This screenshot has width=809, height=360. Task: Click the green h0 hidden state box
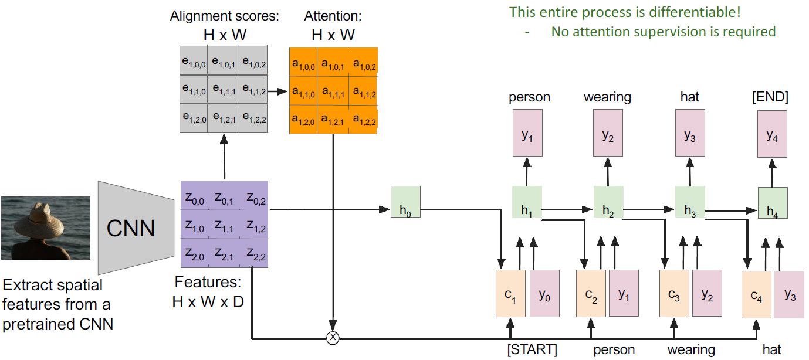click(x=405, y=202)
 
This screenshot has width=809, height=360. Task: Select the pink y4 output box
click(x=771, y=135)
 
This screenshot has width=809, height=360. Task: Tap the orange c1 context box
click(x=511, y=294)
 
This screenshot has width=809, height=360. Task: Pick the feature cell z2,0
click(x=195, y=253)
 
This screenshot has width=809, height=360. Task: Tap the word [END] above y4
click(x=771, y=97)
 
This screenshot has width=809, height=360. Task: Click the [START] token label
click(x=532, y=350)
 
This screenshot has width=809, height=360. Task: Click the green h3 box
click(x=690, y=202)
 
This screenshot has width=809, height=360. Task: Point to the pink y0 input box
click(x=544, y=294)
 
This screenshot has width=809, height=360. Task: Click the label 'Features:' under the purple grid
click(x=208, y=282)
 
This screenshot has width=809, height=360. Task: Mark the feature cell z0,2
click(x=255, y=201)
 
